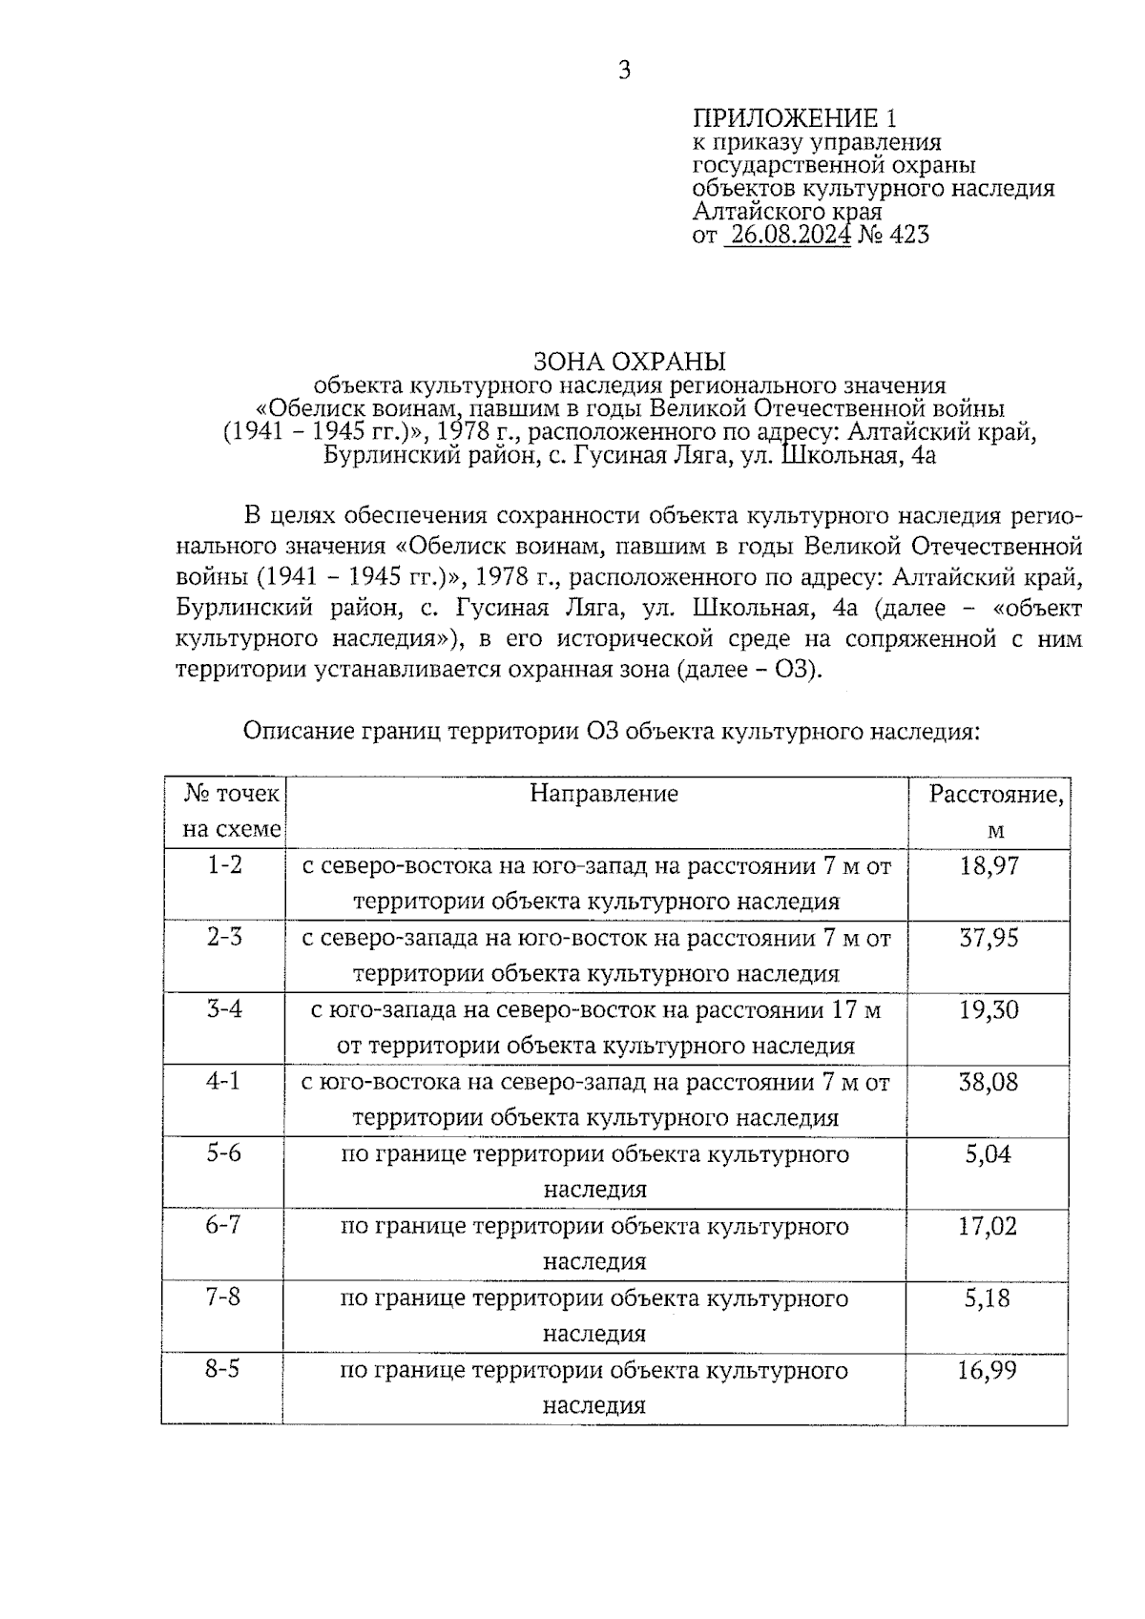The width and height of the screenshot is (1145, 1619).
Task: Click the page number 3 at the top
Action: (x=624, y=71)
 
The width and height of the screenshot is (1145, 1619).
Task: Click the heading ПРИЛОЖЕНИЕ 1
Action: (x=794, y=118)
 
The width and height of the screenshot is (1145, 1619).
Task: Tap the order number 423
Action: (x=907, y=235)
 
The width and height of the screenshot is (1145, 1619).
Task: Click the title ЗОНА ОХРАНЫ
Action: (x=629, y=362)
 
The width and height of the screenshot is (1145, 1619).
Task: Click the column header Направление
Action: (x=603, y=794)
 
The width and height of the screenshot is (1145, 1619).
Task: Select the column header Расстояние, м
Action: (x=995, y=811)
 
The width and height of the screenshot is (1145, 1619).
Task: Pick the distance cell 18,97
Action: (x=989, y=866)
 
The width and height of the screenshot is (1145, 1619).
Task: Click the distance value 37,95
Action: (x=989, y=938)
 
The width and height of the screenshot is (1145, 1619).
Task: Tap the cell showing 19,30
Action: (x=989, y=1010)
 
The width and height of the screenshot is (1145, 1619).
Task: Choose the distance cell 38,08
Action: (x=989, y=1082)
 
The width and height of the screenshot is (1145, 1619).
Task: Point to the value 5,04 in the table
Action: (x=989, y=1154)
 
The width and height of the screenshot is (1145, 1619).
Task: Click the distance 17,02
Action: (x=989, y=1226)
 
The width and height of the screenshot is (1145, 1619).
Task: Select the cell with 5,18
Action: (x=989, y=1298)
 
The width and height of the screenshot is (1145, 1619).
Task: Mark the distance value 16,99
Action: (x=989, y=1371)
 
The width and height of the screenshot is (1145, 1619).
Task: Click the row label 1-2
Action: (x=225, y=865)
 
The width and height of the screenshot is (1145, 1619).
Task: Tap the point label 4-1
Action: (x=225, y=1082)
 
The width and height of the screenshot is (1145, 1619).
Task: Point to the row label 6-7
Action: (x=224, y=1225)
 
